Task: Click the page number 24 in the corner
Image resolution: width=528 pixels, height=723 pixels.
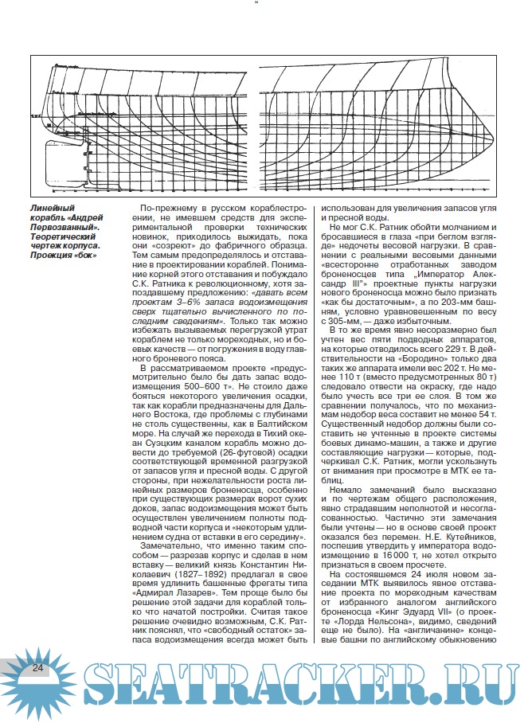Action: point(37,669)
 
